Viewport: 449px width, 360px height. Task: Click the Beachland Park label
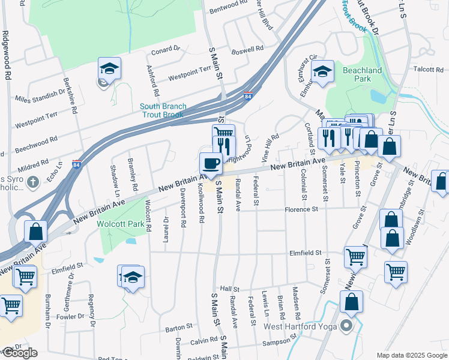(362, 74)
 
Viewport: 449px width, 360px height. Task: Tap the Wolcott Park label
(121, 224)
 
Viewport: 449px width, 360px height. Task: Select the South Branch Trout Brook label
(163, 110)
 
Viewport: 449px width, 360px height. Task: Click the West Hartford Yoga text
(299, 327)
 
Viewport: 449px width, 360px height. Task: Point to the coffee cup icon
(210, 163)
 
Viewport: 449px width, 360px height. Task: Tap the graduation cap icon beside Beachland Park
(322, 73)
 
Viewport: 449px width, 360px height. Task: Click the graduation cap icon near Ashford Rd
(110, 68)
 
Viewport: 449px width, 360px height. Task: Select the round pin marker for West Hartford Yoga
(346, 327)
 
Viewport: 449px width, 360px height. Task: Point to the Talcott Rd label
(429, 70)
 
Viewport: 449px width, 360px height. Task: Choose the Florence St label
(301, 210)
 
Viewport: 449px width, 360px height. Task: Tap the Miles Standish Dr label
(40, 96)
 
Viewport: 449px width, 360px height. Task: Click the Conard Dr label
(166, 50)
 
